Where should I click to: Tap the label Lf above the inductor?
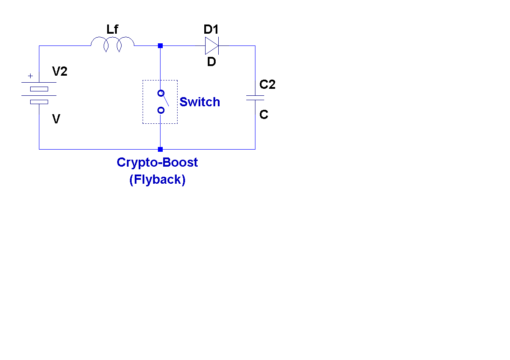(112, 30)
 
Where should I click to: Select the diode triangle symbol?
(211, 45)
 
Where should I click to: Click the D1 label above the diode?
(211, 30)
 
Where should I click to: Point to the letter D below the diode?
(211, 62)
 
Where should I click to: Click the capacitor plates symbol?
(255, 98)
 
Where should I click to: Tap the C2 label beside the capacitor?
(267, 85)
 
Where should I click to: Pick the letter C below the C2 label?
(264, 115)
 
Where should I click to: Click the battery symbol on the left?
(39, 92)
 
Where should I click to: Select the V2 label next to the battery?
(59, 72)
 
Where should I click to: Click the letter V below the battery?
(56, 119)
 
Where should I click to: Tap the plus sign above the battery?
(30, 76)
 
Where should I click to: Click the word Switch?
(199, 102)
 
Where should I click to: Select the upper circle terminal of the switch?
(161, 93)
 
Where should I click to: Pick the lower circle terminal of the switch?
(161, 110)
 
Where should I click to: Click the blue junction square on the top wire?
(160, 45)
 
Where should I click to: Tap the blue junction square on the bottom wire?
(160, 149)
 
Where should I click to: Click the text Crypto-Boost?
(157, 162)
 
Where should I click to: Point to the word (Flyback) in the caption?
(157, 179)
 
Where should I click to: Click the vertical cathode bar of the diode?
(218, 45)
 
